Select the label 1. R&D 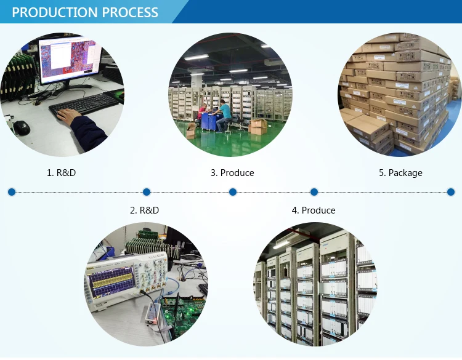pos(62,173)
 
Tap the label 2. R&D pos(144,210)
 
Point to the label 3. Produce pos(232,173)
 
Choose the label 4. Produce pos(314,210)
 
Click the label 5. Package pos(400,173)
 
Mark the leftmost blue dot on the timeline pos(11,192)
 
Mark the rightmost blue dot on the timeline pos(450,192)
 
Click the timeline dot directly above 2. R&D pos(147,192)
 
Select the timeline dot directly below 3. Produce pos(233,192)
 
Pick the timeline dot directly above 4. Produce pos(314,192)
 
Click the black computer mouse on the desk pos(22,127)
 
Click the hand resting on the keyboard pos(68,116)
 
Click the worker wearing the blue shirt pos(225,113)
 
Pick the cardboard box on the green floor pos(258,126)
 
